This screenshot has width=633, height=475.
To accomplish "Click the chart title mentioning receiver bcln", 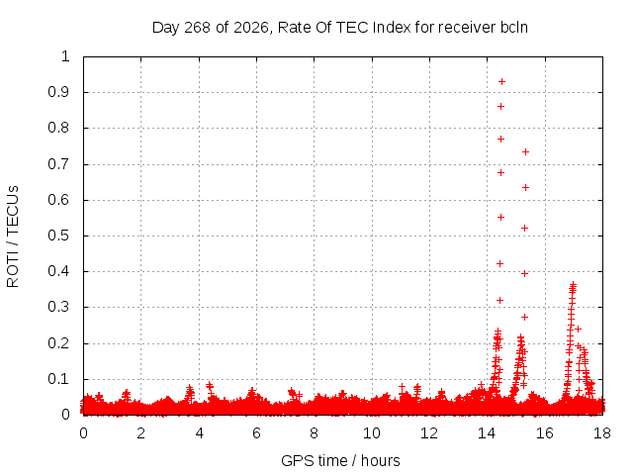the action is pyautogui.click(x=340, y=28).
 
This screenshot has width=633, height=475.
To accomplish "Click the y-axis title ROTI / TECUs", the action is pyautogui.click(x=13, y=237).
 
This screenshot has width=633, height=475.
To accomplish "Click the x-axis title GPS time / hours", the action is pyautogui.click(x=340, y=460).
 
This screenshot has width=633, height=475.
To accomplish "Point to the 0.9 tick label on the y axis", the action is pyautogui.click(x=58, y=92).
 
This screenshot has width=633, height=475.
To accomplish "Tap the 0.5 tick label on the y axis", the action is pyautogui.click(x=58, y=236).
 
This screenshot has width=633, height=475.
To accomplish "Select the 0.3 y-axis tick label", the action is pyautogui.click(x=58, y=307).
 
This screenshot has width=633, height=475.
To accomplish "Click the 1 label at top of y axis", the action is pyautogui.click(x=65, y=56).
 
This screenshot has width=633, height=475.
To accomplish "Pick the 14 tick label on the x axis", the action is pyautogui.click(x=487, y=433).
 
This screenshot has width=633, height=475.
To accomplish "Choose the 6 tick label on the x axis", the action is pyautogui.click(x=256, y=433).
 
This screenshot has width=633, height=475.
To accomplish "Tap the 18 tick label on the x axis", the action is pyautogui.click(x=602, y=433).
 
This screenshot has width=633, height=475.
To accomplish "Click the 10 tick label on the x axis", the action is pyautogui.click(x=372, y=433).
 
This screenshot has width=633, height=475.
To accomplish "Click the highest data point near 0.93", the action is pyautogui.click(x=501, y=81).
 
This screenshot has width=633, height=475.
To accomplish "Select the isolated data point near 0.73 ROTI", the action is pyautogui.click(x=525, y=151).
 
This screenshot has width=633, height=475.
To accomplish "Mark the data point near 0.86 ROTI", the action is pyautogui.click(x=501, y=107).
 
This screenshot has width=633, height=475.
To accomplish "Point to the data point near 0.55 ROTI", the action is pyautogui.click(x=501, y=218).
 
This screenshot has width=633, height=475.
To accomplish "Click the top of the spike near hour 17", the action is pyautogui.click(x=573, y=284).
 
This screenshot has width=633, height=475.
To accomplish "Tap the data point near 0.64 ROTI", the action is pyautogui.click(x=525, y=187).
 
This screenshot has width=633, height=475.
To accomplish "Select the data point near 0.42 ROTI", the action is pyautogui.click(x=499, y=264).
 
